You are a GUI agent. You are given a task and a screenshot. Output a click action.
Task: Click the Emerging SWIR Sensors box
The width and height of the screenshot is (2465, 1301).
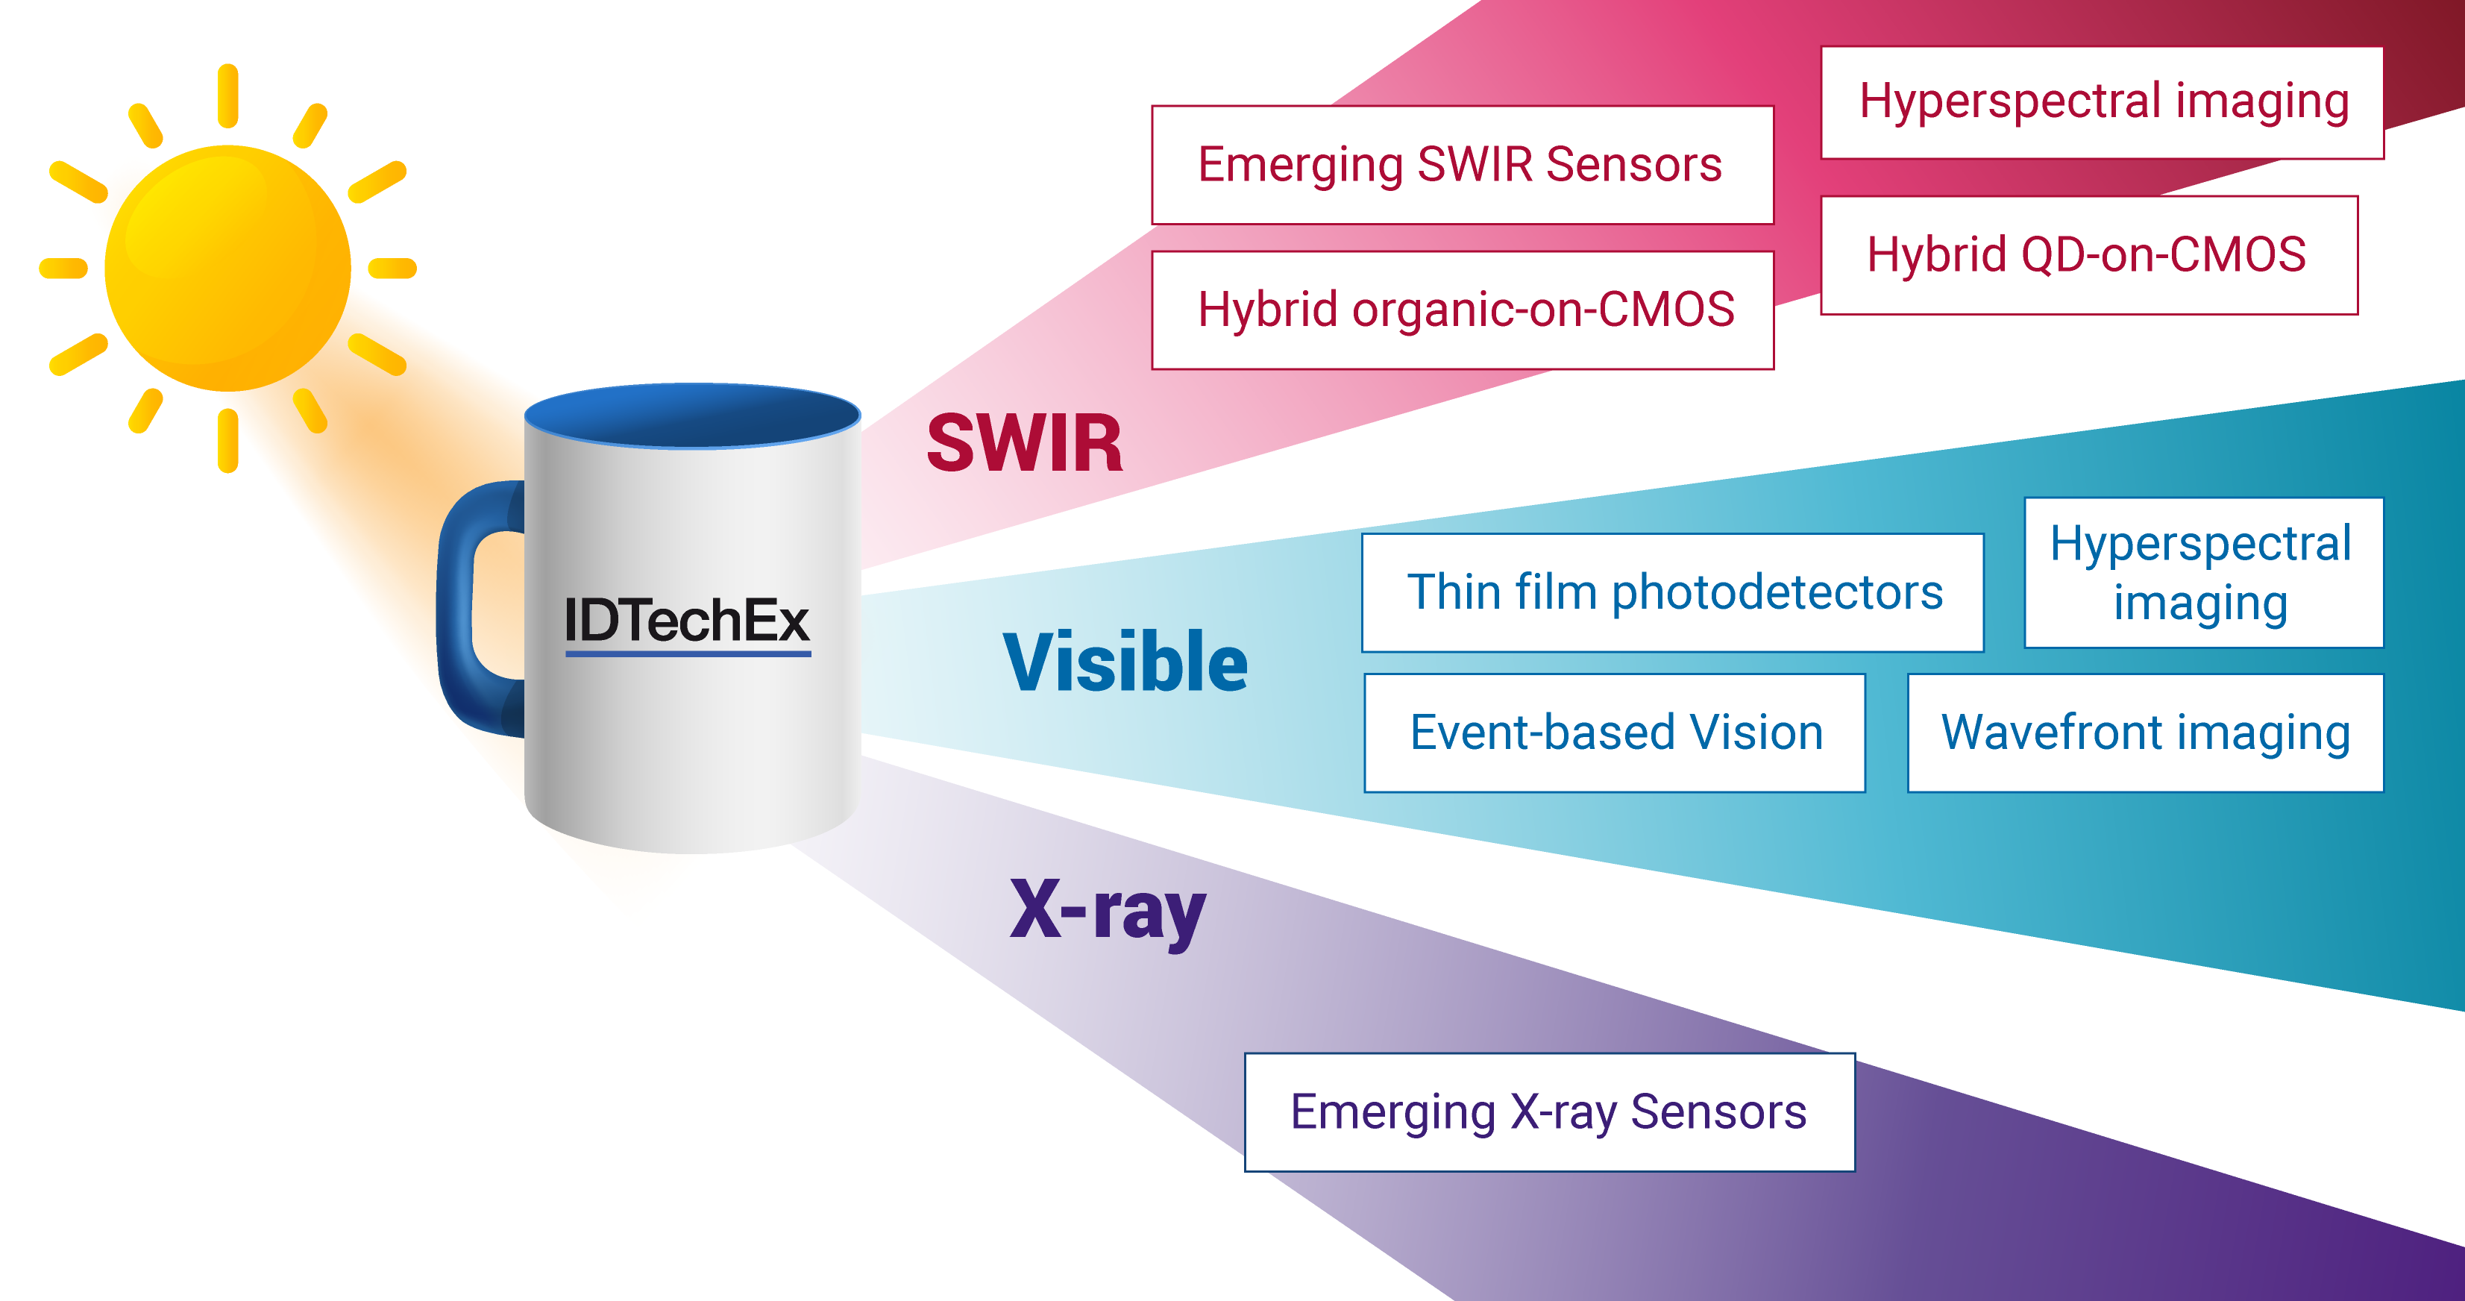pyautogui.click(x=1462, y=165)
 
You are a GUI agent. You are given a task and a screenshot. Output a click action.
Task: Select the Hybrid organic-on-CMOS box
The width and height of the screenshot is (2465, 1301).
pyautogui.click(x=1462, y=310)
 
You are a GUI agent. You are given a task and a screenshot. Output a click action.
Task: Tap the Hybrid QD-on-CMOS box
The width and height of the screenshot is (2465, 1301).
pyautogui.click(x=2088, y=254)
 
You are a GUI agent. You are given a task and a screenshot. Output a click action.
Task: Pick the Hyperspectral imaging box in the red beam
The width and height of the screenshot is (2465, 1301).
pyautogui.click(x=2101, y=102)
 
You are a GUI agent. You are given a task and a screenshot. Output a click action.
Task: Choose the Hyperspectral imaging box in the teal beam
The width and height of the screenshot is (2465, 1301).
pyautogui.click(x=2202, y=572)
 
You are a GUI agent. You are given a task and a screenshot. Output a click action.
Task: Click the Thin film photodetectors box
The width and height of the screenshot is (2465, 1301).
pyautogui.click(x=1673, y=592)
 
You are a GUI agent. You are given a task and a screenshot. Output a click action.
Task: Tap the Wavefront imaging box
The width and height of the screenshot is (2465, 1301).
pyautogui.click(x=2144, y=733)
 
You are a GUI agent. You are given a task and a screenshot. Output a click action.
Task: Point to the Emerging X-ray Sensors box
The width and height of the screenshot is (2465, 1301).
pyautogui.click(x=1548, y=1112)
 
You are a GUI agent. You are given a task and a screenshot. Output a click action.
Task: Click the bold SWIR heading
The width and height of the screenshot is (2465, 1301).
pyautogui.click(x=1024, y=444)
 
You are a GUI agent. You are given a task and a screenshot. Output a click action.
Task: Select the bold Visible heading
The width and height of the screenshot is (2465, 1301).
pyautogui.click(x=1125, y=662)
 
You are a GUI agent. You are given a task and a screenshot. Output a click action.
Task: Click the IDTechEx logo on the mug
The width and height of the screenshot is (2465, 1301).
pyautogui.click(x=687, y=621)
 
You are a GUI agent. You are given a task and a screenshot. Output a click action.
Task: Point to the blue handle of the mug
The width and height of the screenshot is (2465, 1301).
pyautogui.click(x=459, y=612)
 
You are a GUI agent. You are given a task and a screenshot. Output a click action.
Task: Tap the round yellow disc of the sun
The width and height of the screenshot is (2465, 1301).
pyautogui.click(x=227, y=268)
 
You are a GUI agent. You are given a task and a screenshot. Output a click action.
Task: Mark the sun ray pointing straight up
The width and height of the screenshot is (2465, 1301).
pyautogui.click(x=227, y=95)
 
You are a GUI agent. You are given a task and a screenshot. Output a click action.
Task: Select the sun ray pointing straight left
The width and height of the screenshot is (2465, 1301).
pyautogui.click(x=63, y=268)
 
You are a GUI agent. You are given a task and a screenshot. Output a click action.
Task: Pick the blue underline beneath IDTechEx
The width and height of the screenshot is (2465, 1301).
pyautogui.click(x=688, y=653)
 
